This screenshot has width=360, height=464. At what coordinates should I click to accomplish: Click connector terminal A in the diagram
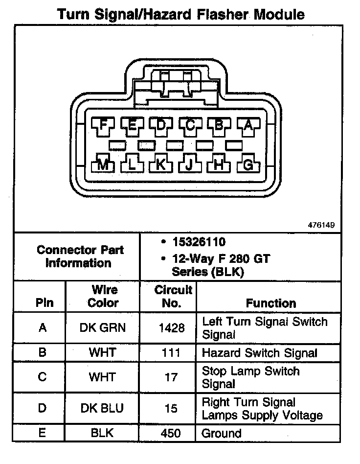tap(248, 125)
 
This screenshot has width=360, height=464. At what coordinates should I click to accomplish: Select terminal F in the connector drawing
tap(103, 125)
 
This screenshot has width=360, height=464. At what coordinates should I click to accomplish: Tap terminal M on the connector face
tap(103, 165)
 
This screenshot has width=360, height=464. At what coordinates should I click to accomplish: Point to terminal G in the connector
tap(248, 165)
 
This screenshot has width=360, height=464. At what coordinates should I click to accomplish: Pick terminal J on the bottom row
tap(190, 165)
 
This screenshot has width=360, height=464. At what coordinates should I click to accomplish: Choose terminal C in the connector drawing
tap(190, 125)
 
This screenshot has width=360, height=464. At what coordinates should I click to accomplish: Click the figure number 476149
tap(321, 226)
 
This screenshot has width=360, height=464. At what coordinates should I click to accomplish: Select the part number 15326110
tap(199, 242)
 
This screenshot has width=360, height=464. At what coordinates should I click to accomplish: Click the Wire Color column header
tap(103, 296)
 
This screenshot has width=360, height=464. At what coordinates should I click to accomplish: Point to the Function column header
tap(270, 303)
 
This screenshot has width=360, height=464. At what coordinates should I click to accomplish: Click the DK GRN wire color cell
tap(103, 327)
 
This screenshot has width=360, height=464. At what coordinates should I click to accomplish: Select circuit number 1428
tap(172, 327)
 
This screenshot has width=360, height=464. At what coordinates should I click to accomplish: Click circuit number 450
tap(171, 434)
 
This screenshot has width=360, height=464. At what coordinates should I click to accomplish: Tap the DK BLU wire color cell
tap(102, 408)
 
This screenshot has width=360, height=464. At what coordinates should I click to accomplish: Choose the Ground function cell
tap(222, 434)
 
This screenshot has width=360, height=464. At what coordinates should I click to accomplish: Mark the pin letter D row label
tap(43, 408)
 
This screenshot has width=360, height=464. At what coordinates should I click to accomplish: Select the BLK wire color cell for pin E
tap(102, 434)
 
